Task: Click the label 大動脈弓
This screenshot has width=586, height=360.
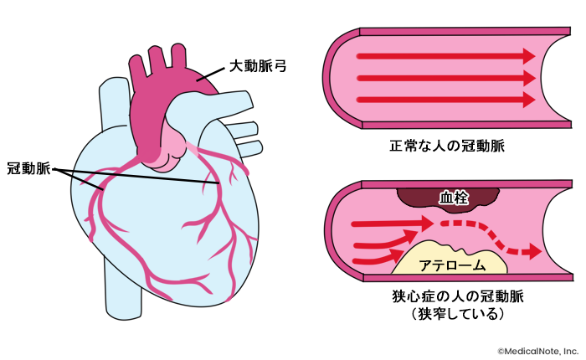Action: [x=259, y=64]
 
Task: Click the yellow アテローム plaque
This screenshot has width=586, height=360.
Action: [x=450, y=262]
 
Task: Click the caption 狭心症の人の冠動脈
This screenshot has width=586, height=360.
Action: [x=451, y=296]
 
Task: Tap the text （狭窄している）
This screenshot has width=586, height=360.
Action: [x=451, y=315]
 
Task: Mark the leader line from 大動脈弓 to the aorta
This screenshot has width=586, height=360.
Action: [x=213, y=72]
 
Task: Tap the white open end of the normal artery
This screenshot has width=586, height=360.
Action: [x=563, y=79]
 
